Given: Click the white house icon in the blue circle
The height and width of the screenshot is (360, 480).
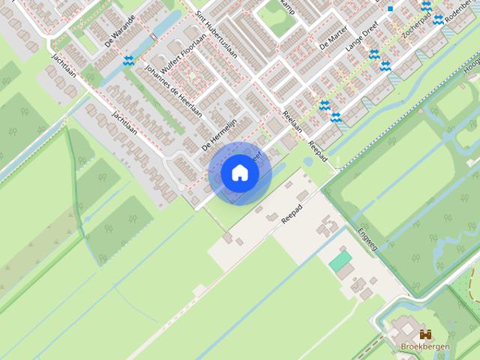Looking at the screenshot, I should point(240,173).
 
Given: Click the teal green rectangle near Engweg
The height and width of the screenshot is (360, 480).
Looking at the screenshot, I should point(340,261).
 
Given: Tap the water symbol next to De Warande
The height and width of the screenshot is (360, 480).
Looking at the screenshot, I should point(129,60).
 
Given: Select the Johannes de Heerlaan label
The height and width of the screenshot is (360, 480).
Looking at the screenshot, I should point(174,91).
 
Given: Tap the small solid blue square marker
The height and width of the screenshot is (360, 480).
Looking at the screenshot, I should point(391,9).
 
